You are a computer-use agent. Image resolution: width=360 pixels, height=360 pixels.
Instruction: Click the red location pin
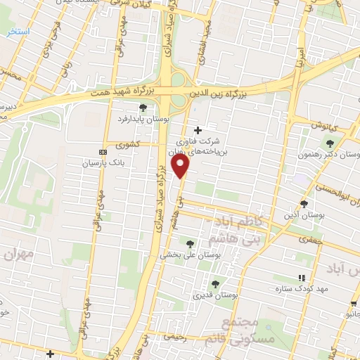[181, 167]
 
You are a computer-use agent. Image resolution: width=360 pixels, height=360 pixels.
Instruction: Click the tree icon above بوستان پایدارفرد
[143, 108]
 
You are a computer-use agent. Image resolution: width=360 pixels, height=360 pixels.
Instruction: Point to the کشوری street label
[129, 146]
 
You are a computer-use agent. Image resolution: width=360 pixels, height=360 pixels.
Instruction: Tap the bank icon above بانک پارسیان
[103, 152]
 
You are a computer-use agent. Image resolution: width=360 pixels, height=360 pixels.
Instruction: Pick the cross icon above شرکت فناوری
[198, 130]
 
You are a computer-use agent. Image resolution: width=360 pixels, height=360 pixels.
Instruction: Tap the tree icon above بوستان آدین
[304, 204]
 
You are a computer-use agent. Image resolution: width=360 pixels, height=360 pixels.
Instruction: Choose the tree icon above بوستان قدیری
[215, 283]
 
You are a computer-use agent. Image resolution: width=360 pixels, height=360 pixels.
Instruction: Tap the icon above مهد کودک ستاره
[303, 278]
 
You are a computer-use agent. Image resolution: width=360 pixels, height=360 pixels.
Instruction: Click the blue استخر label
[16, 32]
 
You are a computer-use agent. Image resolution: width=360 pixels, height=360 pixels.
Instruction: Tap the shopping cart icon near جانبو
[353, 304]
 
